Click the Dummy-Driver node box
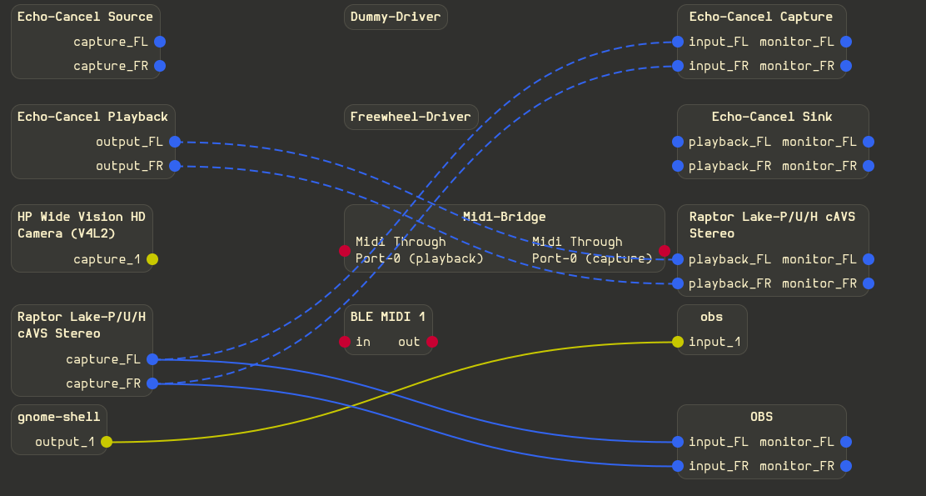coord(396,18)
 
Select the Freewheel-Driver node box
coord(411,117)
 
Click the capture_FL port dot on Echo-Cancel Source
coord(160,42)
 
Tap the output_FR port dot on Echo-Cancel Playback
coord(175,166)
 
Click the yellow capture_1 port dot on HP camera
coord(152,259)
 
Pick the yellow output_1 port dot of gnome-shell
coord(107,442)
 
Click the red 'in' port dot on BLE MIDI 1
coord(345,342)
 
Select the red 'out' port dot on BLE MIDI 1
coord(432,342)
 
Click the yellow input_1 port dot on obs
coord(678,342)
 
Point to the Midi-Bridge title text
coord(505,217)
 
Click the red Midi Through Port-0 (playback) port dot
coord(345,251)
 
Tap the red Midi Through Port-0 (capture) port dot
coord(665,251)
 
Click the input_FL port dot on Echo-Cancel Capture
coord(678,42)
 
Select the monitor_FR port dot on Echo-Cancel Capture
coord(846,66)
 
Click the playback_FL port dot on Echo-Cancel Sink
coord(678,142)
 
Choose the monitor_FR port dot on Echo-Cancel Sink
coord(869,166)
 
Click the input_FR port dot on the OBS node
coord(678,466)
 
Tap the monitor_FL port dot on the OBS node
coord(846,442)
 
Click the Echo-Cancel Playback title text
coord(92,117)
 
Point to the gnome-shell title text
coord(59,417)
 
